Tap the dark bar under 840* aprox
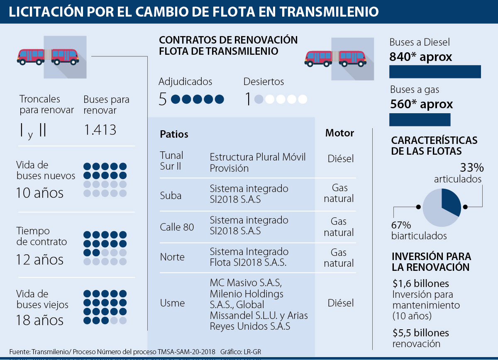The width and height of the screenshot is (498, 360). (x=435, y=72)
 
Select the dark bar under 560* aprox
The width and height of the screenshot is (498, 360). (x=420, y=120)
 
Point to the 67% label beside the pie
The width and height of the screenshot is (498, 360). (x=401, y=225)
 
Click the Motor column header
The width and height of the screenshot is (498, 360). (x=339, y=133)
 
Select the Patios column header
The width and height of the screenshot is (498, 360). (x=174, y=134)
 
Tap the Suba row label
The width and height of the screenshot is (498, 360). (x=171, y=195)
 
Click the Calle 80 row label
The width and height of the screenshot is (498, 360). (x=177, y=227)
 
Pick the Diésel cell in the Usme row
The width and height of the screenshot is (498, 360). (x=341, y=303)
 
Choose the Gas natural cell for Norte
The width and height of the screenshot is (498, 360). (x=339, y=258)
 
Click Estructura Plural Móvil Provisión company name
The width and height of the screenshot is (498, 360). (x=257, y=163)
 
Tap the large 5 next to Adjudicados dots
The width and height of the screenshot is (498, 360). (x=163, y=100)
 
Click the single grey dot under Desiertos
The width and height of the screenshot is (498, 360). (x=259, y=100)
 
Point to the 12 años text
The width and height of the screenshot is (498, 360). (x=40, y=260)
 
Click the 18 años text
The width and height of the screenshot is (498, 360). (x=40, y=320)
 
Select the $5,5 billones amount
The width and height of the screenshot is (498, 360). (x=421, y=333)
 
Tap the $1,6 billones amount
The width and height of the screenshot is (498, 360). (x=421, y=284)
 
